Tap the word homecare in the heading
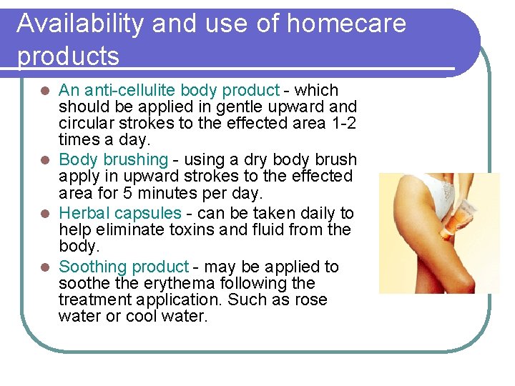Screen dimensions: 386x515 tap(345, 24)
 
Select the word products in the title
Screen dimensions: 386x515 tap(68, 56)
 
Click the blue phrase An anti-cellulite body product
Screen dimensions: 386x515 tap(169, 91)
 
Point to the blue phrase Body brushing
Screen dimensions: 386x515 tap(113, 159)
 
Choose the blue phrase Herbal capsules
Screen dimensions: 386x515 tap(120, 213)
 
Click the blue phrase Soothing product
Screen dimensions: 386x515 tap(124, 267)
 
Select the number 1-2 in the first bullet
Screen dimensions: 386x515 tap(340, 123)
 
